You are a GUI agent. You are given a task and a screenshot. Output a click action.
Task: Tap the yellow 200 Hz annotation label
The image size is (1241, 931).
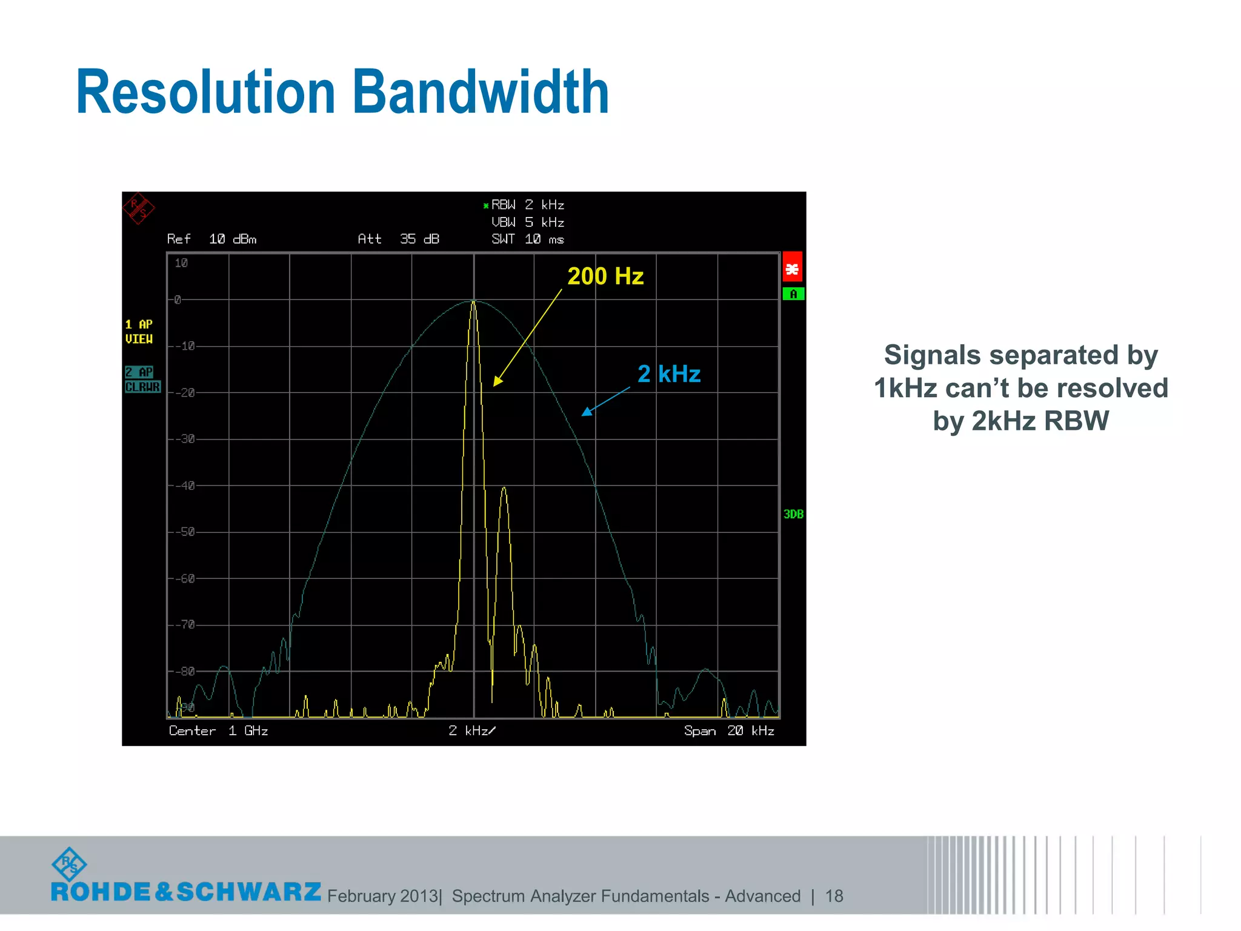pyautogui.click(x=605, y=276)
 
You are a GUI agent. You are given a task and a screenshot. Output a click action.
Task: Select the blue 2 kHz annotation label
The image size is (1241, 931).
pyautogui.click(x=668, y=374)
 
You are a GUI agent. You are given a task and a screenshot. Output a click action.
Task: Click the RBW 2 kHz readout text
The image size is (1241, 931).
pyautogui.click(x=527, y=205)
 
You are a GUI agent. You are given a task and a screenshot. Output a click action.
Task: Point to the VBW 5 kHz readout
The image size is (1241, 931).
pyautogui.click(x=527, y=222)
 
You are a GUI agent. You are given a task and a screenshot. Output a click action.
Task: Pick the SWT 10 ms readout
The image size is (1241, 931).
pyautogui.click(x=527, y=239)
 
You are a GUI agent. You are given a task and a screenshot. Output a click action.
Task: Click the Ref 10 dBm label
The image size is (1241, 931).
pyautogui.click(x=211, y=239)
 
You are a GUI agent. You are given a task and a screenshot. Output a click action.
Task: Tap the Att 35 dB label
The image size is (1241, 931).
pyautogui.click(x=398, y=239)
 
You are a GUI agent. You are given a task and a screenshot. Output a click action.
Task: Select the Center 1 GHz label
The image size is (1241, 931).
pyautogui.click(x=218, y=731)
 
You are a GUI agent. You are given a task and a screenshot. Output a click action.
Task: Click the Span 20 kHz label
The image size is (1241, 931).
pyautogui.click(x=729, y=731)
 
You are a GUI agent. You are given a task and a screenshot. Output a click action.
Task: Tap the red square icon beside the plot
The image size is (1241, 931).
pyautogui.click(x=792, y=267)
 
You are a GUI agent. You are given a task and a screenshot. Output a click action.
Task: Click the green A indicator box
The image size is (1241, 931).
pyautogui.click(x=793, y=295)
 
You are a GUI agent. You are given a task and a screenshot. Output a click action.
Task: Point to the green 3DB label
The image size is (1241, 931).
pyautogui.click(x=793, y=514)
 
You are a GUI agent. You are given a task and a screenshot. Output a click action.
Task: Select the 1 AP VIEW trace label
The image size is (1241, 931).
pyautogui.click(x=139, y=332)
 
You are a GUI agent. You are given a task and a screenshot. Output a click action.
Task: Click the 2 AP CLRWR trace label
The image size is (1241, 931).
pyautogui.click(x=142, y=379)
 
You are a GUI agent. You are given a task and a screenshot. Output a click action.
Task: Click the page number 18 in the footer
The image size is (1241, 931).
pyautogui.click(x=834, y=896)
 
